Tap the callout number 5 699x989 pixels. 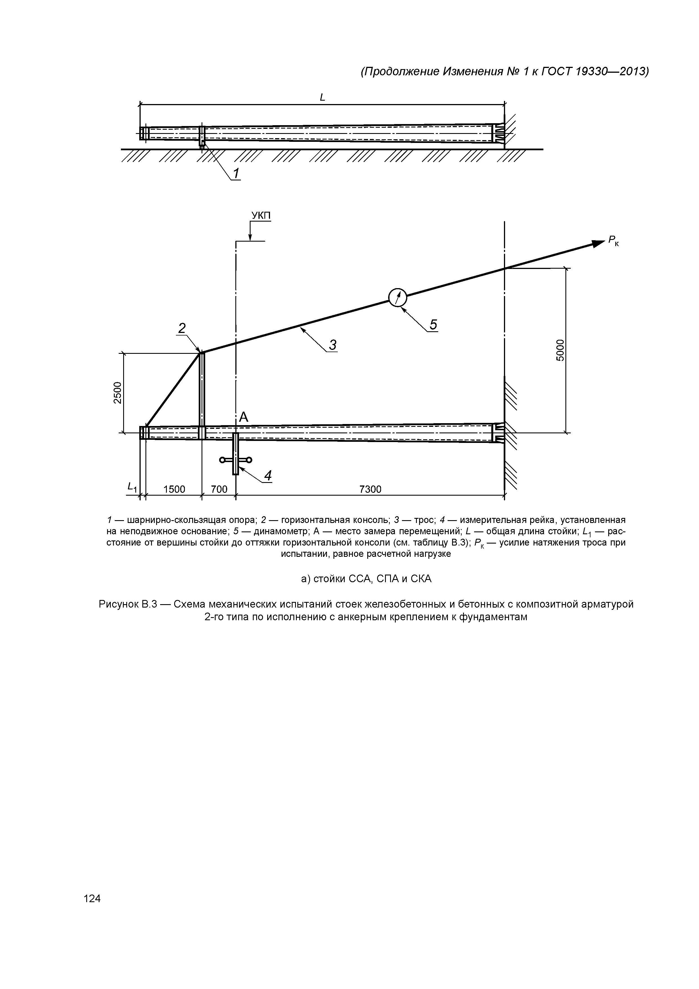click(x=433, y=324)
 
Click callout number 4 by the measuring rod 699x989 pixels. click(x=268, y=476)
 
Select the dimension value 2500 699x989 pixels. click(x=118, y=392)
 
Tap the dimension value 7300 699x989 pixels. click(x=370, y=489)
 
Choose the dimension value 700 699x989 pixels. click(x=219, y=489)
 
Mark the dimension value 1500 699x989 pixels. click(x=174, y=489)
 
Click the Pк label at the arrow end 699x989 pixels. click(x=614, y=241)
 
